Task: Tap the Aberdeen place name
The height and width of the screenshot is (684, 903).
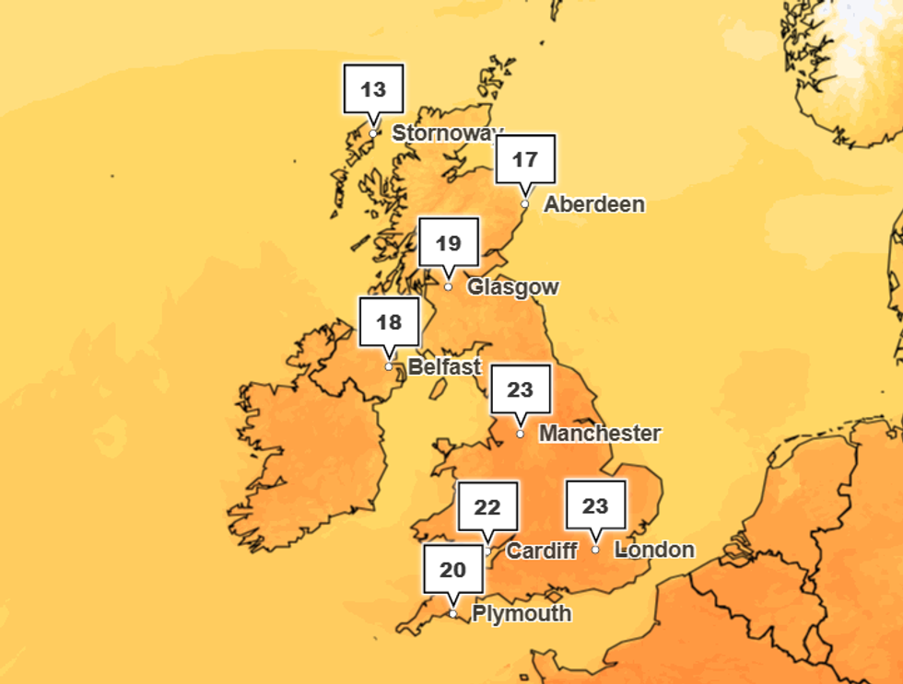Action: (594, 204)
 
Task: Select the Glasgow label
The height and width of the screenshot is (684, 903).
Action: (512, 287)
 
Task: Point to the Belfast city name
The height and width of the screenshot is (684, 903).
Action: (444, 366)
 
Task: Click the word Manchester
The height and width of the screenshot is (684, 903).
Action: (600, 433)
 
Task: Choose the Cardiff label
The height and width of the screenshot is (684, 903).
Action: (542, 551)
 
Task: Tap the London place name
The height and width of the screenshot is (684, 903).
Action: (654, 550)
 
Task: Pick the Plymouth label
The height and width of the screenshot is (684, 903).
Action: (522, 613)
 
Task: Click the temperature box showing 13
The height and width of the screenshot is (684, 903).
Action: (373, 90)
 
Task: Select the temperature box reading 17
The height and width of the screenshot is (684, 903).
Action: (525, 160)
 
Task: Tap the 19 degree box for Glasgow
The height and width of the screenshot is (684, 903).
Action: (449, 244)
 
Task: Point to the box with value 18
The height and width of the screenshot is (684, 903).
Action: (389, 322)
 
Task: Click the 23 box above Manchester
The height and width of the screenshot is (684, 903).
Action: (521, 390)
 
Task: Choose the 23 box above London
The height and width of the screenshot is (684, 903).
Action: (596, 506)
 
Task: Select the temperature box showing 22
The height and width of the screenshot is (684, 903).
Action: (487, 507)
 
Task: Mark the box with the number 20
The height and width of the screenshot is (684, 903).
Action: (453, 571)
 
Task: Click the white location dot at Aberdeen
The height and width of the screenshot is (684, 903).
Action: (525, 204)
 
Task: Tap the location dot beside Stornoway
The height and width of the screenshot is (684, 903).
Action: (373, 133)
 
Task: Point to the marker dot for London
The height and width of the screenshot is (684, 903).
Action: (596, 550)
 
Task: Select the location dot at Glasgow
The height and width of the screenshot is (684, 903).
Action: (449, 287)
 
